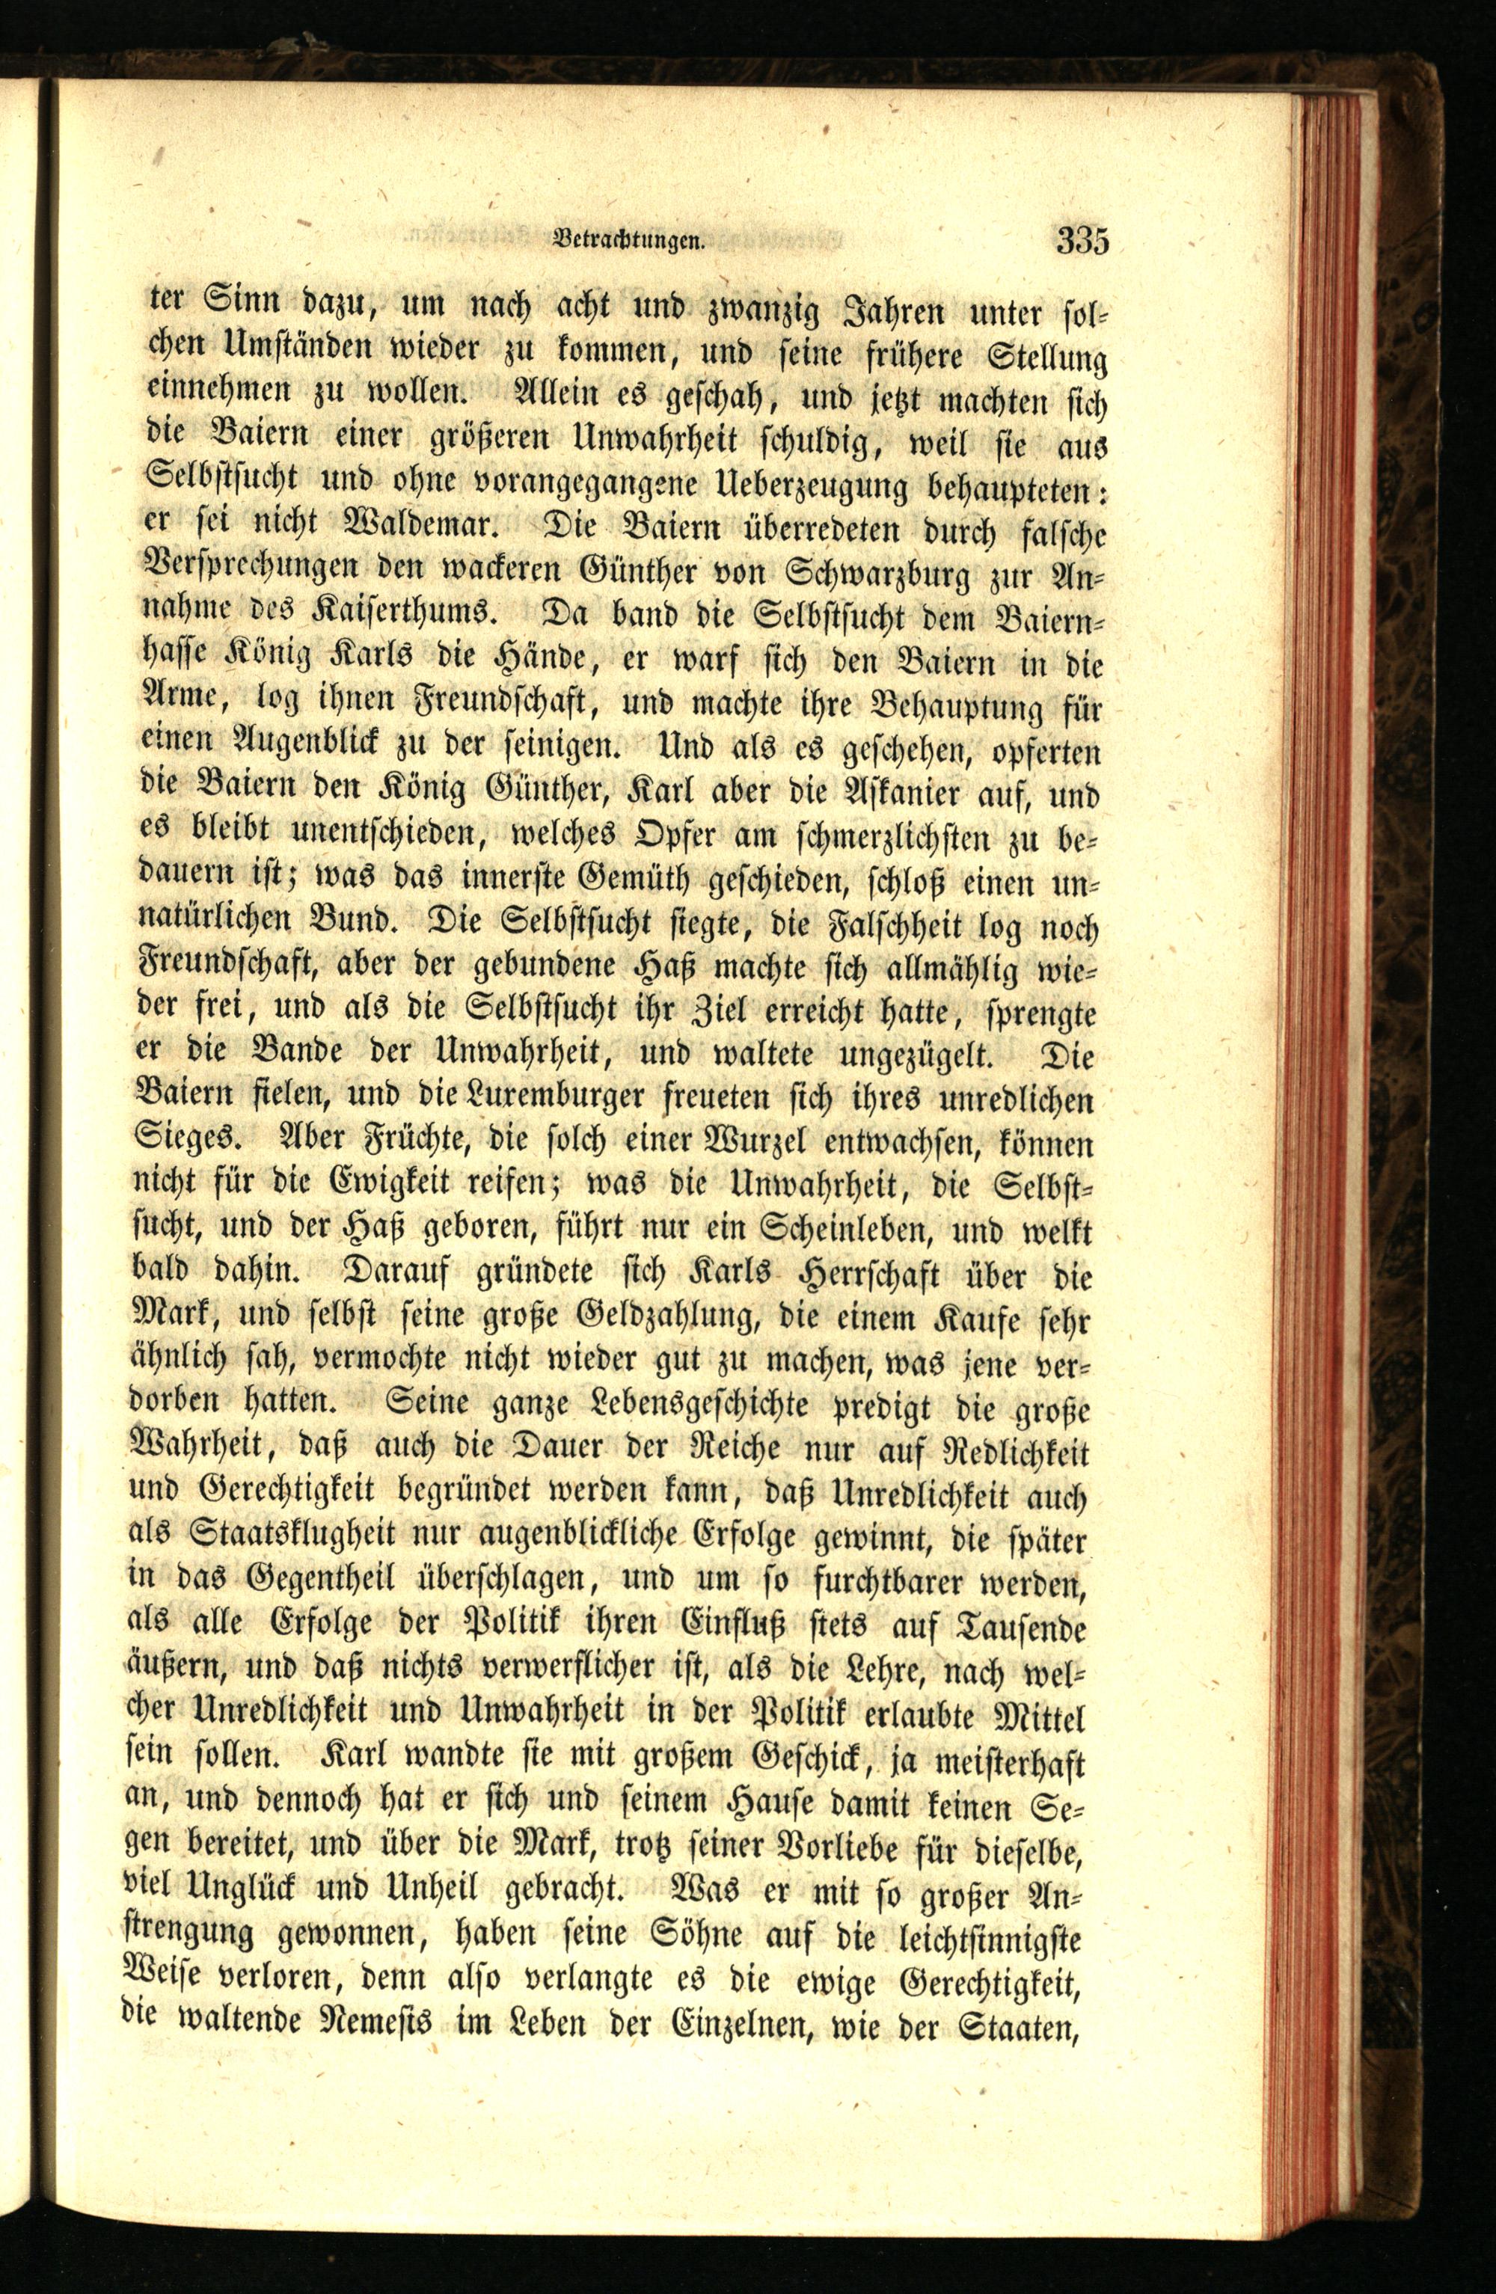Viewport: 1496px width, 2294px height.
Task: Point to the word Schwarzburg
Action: [880, 574]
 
